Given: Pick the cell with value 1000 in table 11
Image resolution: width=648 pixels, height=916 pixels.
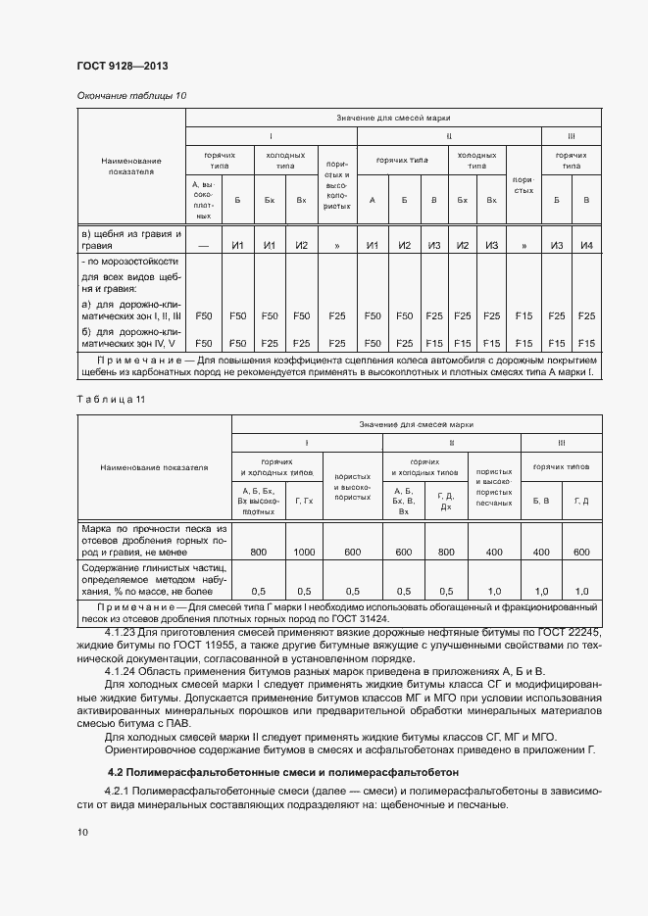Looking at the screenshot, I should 304,553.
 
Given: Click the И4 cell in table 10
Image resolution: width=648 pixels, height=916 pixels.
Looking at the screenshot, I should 586,245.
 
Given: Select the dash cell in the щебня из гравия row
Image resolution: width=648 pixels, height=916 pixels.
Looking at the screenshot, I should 204,245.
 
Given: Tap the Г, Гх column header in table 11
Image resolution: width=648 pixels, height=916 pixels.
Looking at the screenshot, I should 304,501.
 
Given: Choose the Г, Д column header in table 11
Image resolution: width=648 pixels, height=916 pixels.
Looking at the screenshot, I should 580,501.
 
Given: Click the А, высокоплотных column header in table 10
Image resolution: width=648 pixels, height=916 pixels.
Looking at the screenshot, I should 204,200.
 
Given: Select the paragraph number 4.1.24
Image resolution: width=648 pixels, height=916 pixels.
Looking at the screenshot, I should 124,671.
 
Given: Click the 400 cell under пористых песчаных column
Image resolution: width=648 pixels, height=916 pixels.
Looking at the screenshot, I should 494,553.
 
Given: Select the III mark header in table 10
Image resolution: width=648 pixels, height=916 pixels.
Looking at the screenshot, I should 571,134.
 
